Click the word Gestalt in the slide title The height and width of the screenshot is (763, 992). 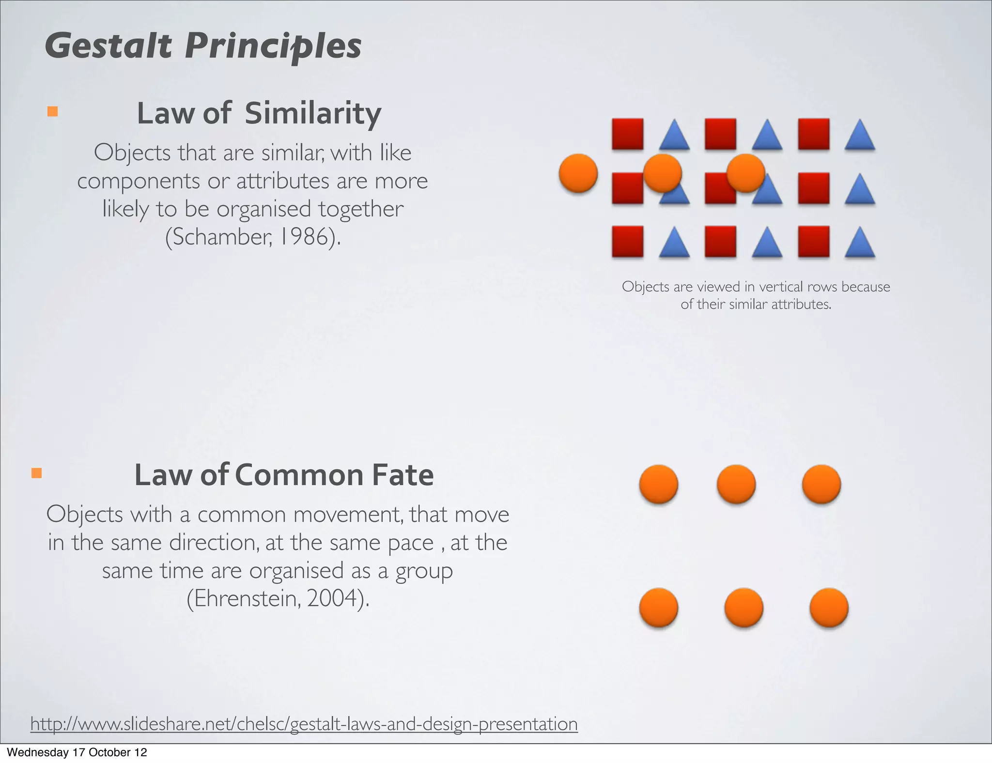(x=108, y=46)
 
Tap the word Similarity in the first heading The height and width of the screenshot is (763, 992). (x=313, y=113)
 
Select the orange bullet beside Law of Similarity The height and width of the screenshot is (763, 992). (x=52, y=112)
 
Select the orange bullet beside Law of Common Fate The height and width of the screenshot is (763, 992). (x=36, y=473)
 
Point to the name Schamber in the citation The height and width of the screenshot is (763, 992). (x=220, y=237)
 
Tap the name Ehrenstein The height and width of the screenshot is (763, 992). (x=246, y=598)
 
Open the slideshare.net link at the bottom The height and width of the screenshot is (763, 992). (x=304, y=724)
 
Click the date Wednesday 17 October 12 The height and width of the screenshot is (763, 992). (x=77, y=752)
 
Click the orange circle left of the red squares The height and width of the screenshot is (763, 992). (x=578, y=173)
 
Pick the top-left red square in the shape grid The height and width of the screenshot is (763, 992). (x=628, y=134)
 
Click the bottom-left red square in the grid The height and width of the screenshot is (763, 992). (x=628, y=241)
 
